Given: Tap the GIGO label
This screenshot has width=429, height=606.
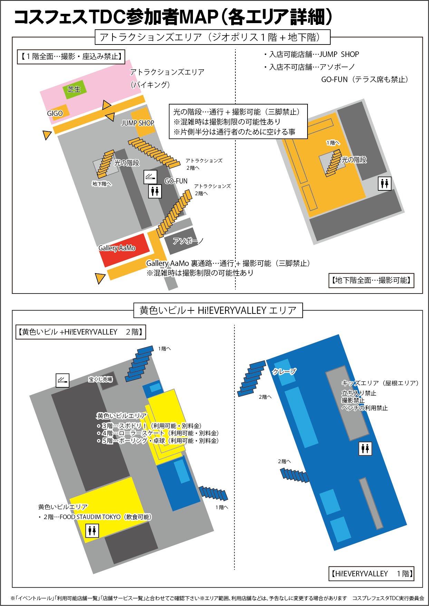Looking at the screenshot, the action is pos(55,113).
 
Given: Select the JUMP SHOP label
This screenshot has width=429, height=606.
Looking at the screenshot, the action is pos(138,123).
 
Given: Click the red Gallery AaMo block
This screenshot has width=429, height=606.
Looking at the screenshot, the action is pos(124,249).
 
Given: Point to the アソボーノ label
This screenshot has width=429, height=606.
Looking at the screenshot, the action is pos(188,241).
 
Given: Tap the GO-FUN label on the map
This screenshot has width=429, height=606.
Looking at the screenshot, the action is pos(176,181).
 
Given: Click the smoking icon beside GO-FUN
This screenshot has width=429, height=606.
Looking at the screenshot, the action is pos(150,177).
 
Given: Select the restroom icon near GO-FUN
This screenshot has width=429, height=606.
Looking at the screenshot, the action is pos(155,191).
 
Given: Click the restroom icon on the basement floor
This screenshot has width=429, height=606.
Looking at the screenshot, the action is pos(384,183).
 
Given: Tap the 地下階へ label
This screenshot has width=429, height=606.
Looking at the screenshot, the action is pos(102,184).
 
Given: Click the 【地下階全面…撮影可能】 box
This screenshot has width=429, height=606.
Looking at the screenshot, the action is pos(371,280).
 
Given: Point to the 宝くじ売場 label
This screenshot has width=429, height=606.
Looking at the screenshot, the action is pos(100,379).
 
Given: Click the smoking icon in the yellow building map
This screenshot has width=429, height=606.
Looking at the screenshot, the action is pos(62,380).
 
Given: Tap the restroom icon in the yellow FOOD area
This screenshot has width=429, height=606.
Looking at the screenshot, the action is pos(92,530).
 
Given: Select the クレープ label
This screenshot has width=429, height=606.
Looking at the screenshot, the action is pos(284,371).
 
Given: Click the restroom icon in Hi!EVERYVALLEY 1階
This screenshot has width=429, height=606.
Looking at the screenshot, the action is pos(365,448).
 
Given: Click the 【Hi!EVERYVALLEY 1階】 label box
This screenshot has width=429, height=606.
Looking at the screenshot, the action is pos(371,574).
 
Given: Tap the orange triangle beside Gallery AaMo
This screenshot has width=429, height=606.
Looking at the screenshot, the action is pos(100,278).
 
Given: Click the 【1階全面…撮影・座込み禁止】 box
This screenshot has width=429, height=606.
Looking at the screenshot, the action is pos(71,57).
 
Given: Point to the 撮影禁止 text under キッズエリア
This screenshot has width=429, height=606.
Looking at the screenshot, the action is pos(353,400).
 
